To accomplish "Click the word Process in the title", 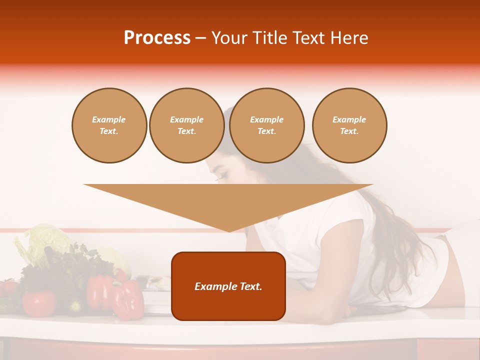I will [x=157, y=38].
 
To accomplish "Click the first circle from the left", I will [x=109, y=125].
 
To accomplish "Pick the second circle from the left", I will [x=186, y=125].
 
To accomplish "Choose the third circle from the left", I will [x=266, y=125].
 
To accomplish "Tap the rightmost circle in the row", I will [x=349, y=125].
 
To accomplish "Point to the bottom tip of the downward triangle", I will [x=229, y=231].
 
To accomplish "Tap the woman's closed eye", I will [x=220, y=175].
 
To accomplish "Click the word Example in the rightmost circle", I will [x=349, y=119].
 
